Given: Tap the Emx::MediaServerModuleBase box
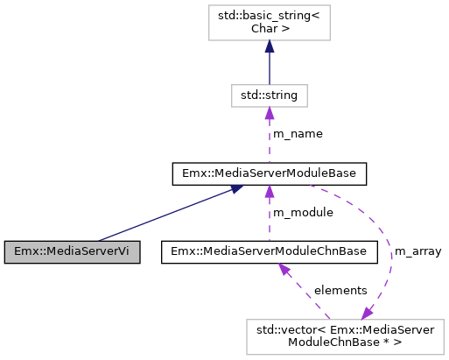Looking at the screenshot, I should coord(269,173).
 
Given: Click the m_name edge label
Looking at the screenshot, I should coord(298,134).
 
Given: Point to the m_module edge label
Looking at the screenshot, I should coord(303,213).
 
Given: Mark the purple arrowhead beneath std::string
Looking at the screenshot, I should coord(269,111).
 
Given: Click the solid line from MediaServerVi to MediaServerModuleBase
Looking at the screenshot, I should coord(166,214).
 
